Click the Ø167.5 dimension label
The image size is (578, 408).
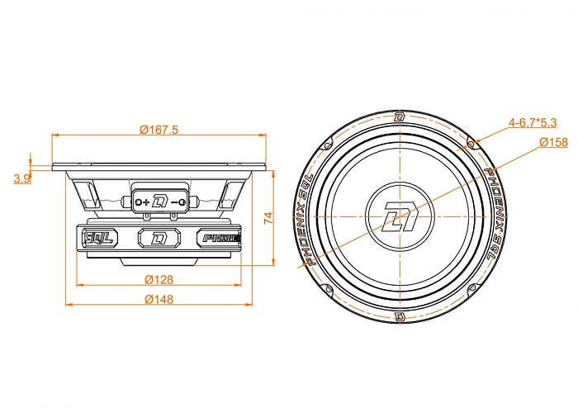[x=159, y=130]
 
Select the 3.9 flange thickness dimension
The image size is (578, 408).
[x=21, y=178]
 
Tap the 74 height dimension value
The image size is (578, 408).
[x=268, y=218]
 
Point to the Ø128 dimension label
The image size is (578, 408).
[x=159, y=280]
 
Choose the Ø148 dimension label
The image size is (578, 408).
[x=159, y=299]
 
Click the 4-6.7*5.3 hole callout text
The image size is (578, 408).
[x=533, y=122]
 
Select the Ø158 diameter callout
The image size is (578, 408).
[x=554, y=142]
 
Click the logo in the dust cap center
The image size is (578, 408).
[x=400, y=216]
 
